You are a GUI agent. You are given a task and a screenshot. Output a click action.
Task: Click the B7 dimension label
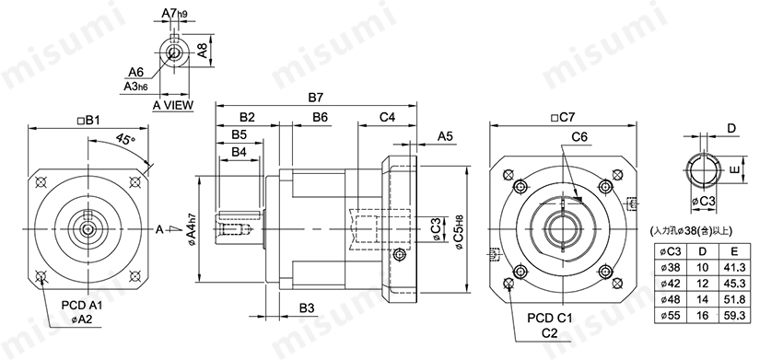click(x=316, y=98)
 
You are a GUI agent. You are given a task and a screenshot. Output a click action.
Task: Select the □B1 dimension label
click(x=88, y=121)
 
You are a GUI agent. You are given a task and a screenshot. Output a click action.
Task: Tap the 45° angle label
click(x=125, y=138)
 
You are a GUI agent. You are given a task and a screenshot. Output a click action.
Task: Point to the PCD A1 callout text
click(x=80, y=305)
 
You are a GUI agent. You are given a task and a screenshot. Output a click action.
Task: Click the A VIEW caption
click(x=173, y=105)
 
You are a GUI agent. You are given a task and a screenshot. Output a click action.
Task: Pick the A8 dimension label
click(x=203, y=50)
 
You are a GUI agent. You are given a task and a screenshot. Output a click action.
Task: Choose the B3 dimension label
click(x=307, y=308)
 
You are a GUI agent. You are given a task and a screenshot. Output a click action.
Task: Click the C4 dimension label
click(x=387, y=117)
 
